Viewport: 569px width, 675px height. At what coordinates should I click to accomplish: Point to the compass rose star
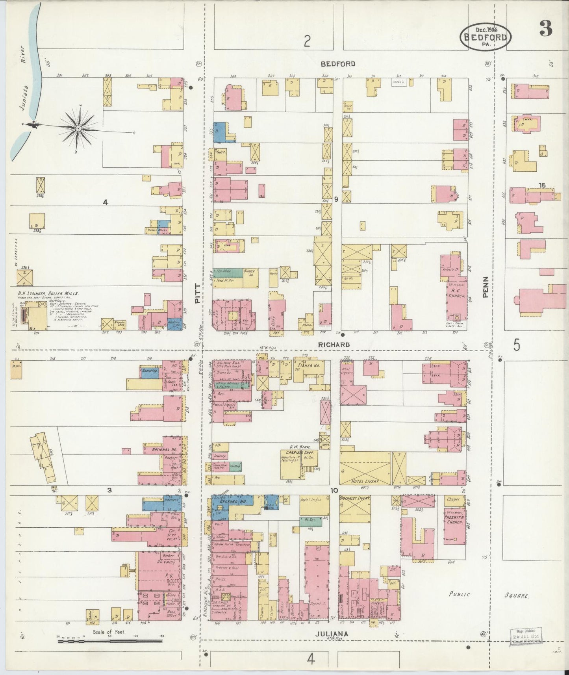[79, 128]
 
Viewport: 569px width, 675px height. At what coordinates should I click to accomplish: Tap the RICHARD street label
[335, 345]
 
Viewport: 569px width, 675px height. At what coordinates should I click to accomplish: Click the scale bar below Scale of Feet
[110, 641]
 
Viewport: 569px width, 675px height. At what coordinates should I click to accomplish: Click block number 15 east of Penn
[543, 185]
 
